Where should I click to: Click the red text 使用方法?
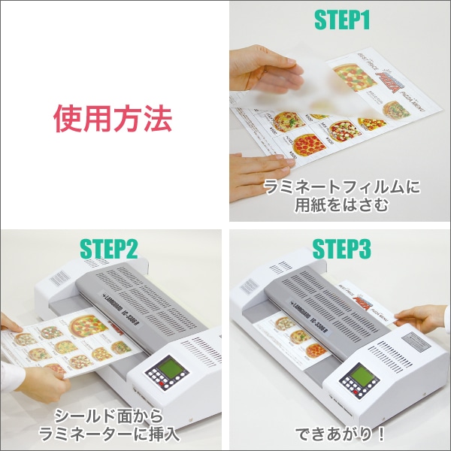(x=113, y=118)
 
